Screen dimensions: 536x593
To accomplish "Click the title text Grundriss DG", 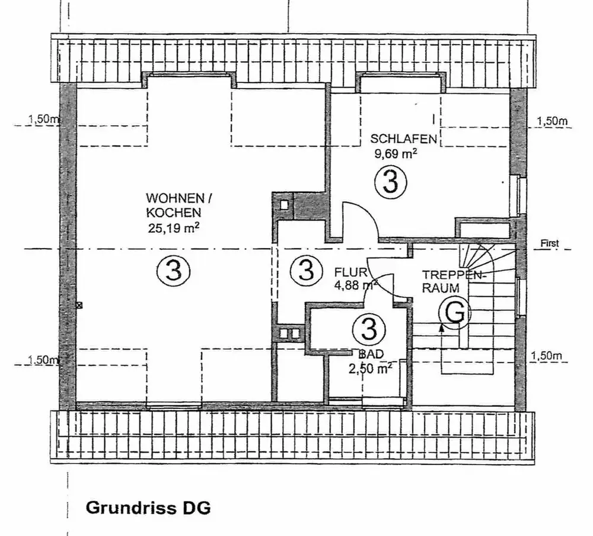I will click(148, 509).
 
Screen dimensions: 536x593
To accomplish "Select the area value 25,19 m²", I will click(174, 227).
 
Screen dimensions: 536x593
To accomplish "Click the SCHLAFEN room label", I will click(404, 139).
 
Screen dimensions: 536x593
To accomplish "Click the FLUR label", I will click(350, 273).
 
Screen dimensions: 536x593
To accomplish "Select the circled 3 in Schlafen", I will click(390, 182).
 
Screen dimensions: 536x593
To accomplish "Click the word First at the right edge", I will click(549, 243).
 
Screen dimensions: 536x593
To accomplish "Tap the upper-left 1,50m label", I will click(44, 120).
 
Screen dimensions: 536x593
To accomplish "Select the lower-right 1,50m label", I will click(547, 356).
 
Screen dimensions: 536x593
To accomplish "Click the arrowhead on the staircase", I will click(441, 325).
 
